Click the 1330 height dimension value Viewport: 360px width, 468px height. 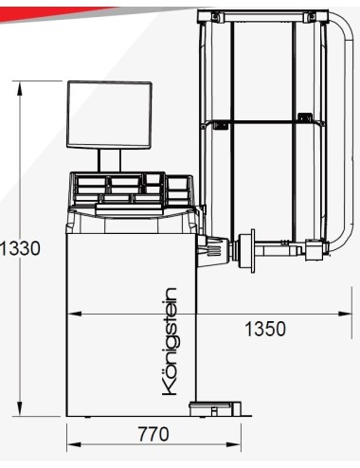point(20,248)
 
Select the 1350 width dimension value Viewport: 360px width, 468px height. point(265,329)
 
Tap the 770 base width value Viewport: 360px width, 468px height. point(153,434)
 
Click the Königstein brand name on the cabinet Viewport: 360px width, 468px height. point(170,341)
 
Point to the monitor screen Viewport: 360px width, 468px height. point(109,116)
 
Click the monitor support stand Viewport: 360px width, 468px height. point(109,160)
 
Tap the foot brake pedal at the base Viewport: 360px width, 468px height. point(215,409)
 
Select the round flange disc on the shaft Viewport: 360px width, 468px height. point(253,251)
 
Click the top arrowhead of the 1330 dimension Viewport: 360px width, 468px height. point(20,88)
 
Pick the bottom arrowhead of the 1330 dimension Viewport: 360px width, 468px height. point(20,408)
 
